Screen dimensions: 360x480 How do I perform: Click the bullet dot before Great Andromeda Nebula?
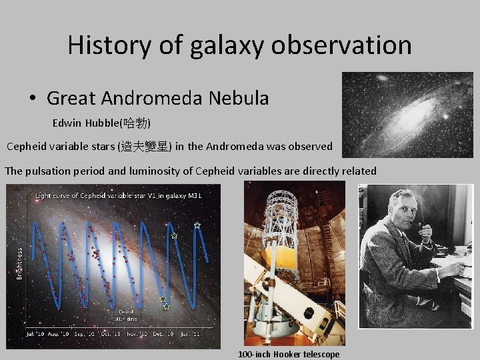(33, 99)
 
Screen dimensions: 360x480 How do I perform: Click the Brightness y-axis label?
(19, 263)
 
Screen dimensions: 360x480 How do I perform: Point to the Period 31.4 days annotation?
(126, 314)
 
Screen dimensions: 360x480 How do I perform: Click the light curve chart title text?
(118, 195)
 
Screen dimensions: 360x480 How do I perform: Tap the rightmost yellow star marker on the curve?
(197, 226)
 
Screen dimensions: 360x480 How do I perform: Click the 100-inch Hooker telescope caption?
(289, 354)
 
